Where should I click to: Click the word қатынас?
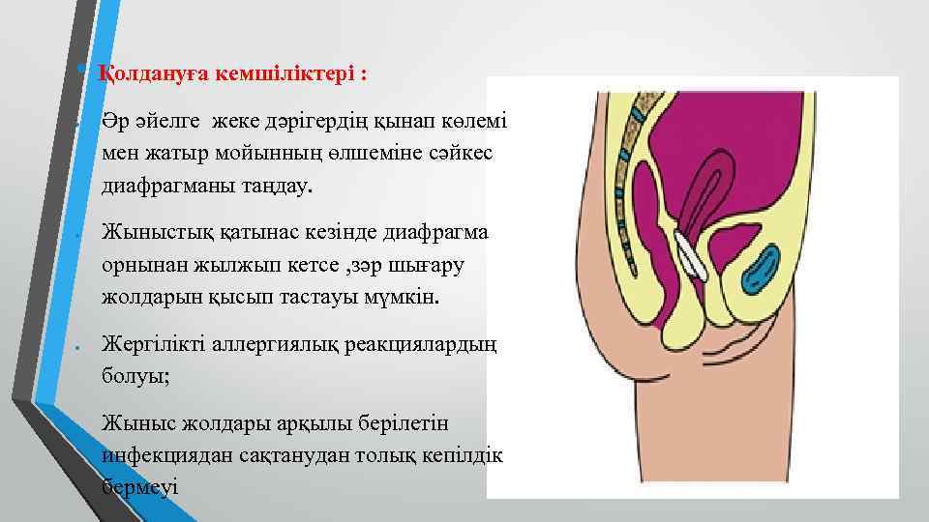(254, 235)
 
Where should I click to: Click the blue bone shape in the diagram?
(763, 270)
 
